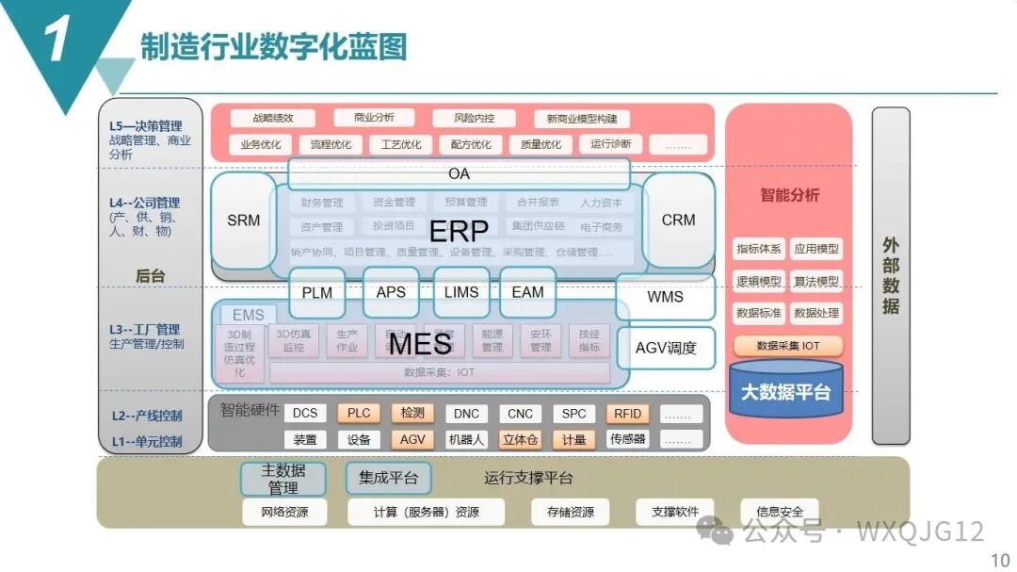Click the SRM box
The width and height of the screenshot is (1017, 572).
coord(243,221)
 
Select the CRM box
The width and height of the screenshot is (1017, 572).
coord(678,221)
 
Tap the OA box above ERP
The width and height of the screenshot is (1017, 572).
coord(459,174)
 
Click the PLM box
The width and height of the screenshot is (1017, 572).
coord(317,293)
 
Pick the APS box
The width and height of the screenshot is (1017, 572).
coord(391,293)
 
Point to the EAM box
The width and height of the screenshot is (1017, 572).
coord(527,293)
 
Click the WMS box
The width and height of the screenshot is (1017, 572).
coord(665,298)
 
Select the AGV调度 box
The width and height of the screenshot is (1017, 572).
coord(666,348)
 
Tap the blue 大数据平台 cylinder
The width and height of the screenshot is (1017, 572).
coord(786,391)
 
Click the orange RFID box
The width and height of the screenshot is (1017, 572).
coord(628,414)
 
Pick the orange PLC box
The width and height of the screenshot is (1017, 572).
coord(359,414)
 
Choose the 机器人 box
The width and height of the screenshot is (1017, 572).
coord(466,440)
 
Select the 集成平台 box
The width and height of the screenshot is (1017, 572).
coord(388,478)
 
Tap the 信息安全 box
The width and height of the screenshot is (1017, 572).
coord(779,512)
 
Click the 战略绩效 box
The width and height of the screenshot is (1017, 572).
coord(273,119)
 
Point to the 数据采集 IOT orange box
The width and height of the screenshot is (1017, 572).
coord(788,346)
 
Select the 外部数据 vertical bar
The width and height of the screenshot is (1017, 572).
coord(891,275)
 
